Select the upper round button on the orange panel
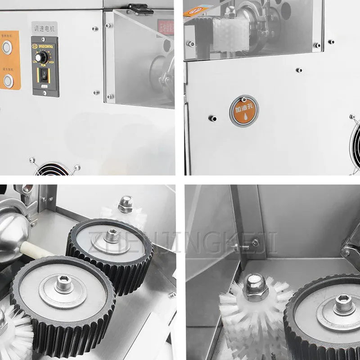[x=7, y=47]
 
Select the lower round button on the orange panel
[x=8, y=81]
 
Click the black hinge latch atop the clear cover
[x=139, y=8]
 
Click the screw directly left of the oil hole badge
[x=212, y=118]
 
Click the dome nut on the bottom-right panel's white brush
[x=255, y=288]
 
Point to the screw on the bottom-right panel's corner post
[x=255, y=243]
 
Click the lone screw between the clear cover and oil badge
[x=298, y=70]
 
